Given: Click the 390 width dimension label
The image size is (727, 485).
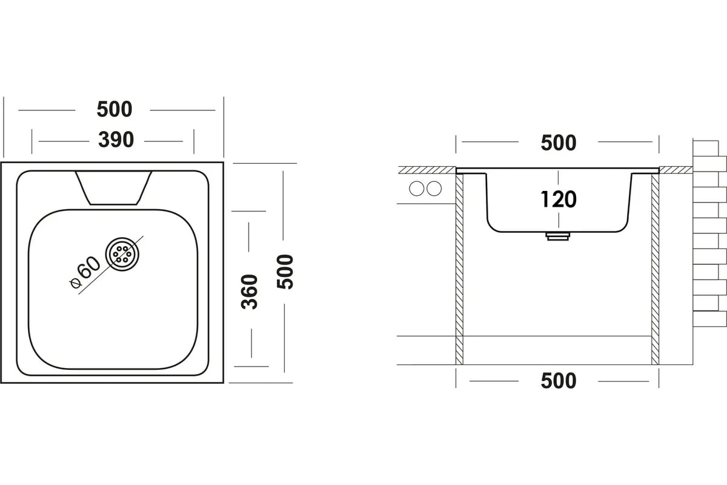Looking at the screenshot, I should tap(116, 140).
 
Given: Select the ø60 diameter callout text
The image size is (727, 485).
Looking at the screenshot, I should tap(85, 274).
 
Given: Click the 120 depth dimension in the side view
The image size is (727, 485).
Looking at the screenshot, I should tap(558, 199).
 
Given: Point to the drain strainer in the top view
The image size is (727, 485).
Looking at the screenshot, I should tap(122, 253).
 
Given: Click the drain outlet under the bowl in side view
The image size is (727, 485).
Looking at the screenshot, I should tap(558, 235).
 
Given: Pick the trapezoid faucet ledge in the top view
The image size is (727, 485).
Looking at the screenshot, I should tap(113, 187).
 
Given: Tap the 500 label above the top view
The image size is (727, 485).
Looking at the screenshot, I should tap(114, 110).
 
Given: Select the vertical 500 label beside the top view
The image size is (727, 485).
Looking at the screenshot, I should tap(285, 272).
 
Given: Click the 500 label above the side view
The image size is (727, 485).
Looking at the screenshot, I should tap(558, 143).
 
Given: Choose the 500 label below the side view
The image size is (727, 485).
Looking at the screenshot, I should tap(558, 381).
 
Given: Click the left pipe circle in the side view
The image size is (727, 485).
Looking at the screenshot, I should tap(417, 189).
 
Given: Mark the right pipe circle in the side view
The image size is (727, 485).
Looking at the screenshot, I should tap(434, 189).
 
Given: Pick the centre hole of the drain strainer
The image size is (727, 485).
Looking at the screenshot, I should tap(122, 253).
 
